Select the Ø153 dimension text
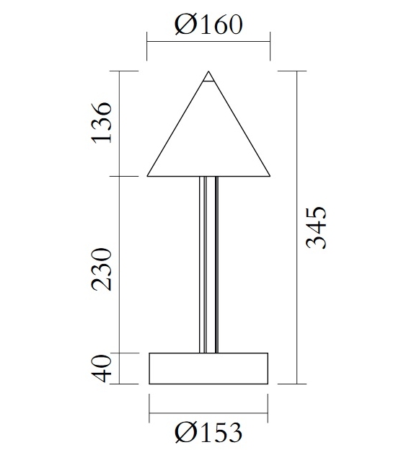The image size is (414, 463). coord(208,433)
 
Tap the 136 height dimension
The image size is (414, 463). coord(102,123)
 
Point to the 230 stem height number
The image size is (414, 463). coord(102,268)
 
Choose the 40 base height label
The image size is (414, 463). coord(102,369)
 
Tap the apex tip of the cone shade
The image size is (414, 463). coord(209,72)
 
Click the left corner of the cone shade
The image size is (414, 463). coord(149,175)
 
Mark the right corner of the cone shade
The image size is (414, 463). coord(269,175)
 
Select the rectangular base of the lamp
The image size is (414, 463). coord(208,369)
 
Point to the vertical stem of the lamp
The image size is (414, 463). coord(208,264)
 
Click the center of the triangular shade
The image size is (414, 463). coord(208,141)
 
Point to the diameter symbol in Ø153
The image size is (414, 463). coord(185,433)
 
